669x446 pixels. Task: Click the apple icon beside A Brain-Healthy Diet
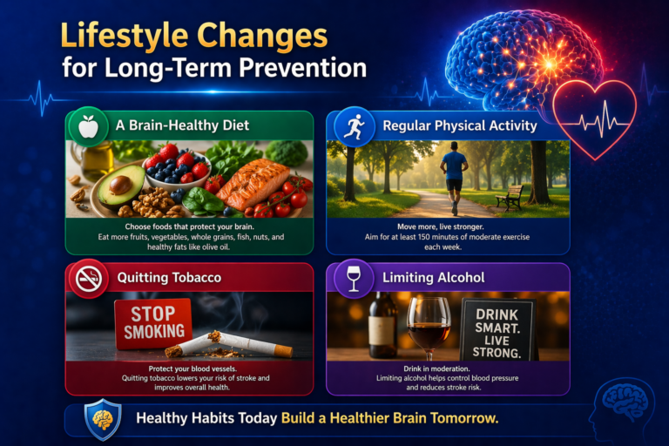88,127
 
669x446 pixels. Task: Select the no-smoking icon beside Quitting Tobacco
88,280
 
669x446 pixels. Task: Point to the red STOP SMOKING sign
153,323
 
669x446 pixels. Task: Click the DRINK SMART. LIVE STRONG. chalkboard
497,329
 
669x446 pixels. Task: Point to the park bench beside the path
509,198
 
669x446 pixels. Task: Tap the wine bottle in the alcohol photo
382,326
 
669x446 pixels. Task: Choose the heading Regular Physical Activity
460,126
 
